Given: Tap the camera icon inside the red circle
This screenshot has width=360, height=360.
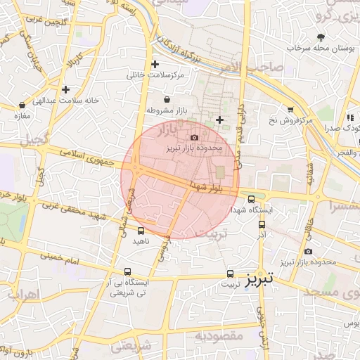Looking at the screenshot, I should [195, 136].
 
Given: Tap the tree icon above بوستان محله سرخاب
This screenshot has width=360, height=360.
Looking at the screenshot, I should [321, 37].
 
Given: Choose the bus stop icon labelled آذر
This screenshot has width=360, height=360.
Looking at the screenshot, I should [262, 225].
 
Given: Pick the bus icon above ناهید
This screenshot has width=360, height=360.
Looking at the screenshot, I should [141, 230].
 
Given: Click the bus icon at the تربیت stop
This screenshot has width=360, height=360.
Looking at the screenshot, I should [230, 274].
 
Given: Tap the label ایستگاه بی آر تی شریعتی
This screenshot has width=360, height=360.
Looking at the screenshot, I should [127, 288].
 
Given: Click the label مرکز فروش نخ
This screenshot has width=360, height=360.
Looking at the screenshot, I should [288, 121].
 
